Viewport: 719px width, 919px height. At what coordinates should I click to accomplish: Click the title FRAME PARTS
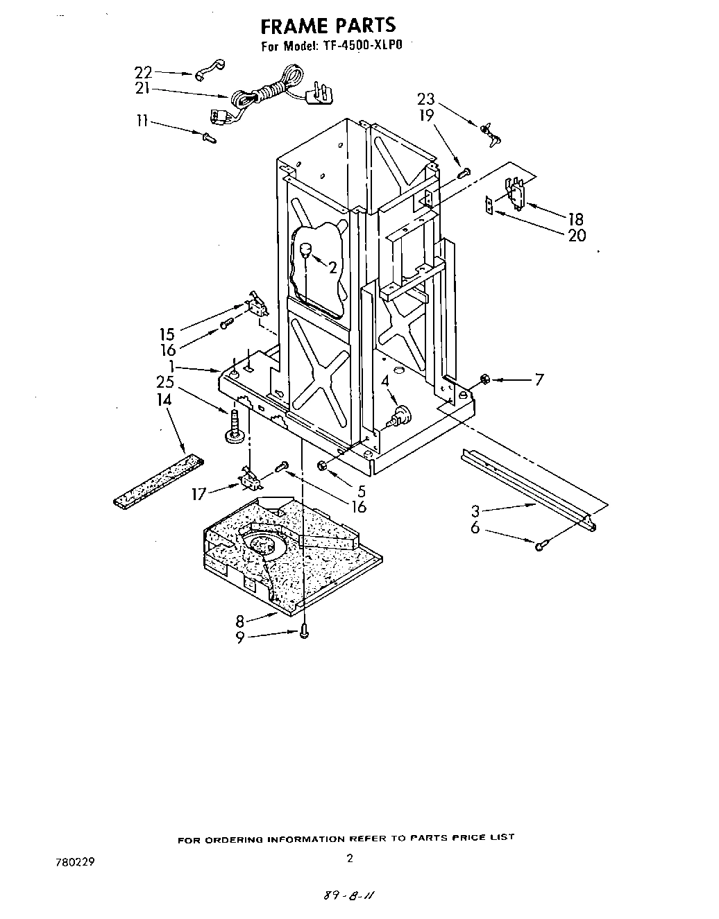click(x=328, y=26)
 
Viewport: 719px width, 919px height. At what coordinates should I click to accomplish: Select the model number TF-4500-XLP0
click(x=361, y=47)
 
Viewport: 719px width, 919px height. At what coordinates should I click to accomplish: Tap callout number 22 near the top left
click(x=142, y=71)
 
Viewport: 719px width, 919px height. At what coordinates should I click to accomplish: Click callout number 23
click(x=425, y=99)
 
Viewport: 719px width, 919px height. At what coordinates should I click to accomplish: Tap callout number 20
click(x=577, y=236)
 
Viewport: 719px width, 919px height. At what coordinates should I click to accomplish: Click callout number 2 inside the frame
click(x=332, y=268)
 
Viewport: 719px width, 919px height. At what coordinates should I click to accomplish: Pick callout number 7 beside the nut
click(x=539, y=379)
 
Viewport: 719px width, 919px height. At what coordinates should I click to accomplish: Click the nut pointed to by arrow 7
click(x=486, y=379)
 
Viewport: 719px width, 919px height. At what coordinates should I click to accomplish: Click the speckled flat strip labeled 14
click(x=159, y=479)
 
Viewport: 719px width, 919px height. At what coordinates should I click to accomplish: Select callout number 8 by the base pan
click(x=239, y=620)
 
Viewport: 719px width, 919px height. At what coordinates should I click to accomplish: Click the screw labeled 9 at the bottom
click(x=304, y=631)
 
